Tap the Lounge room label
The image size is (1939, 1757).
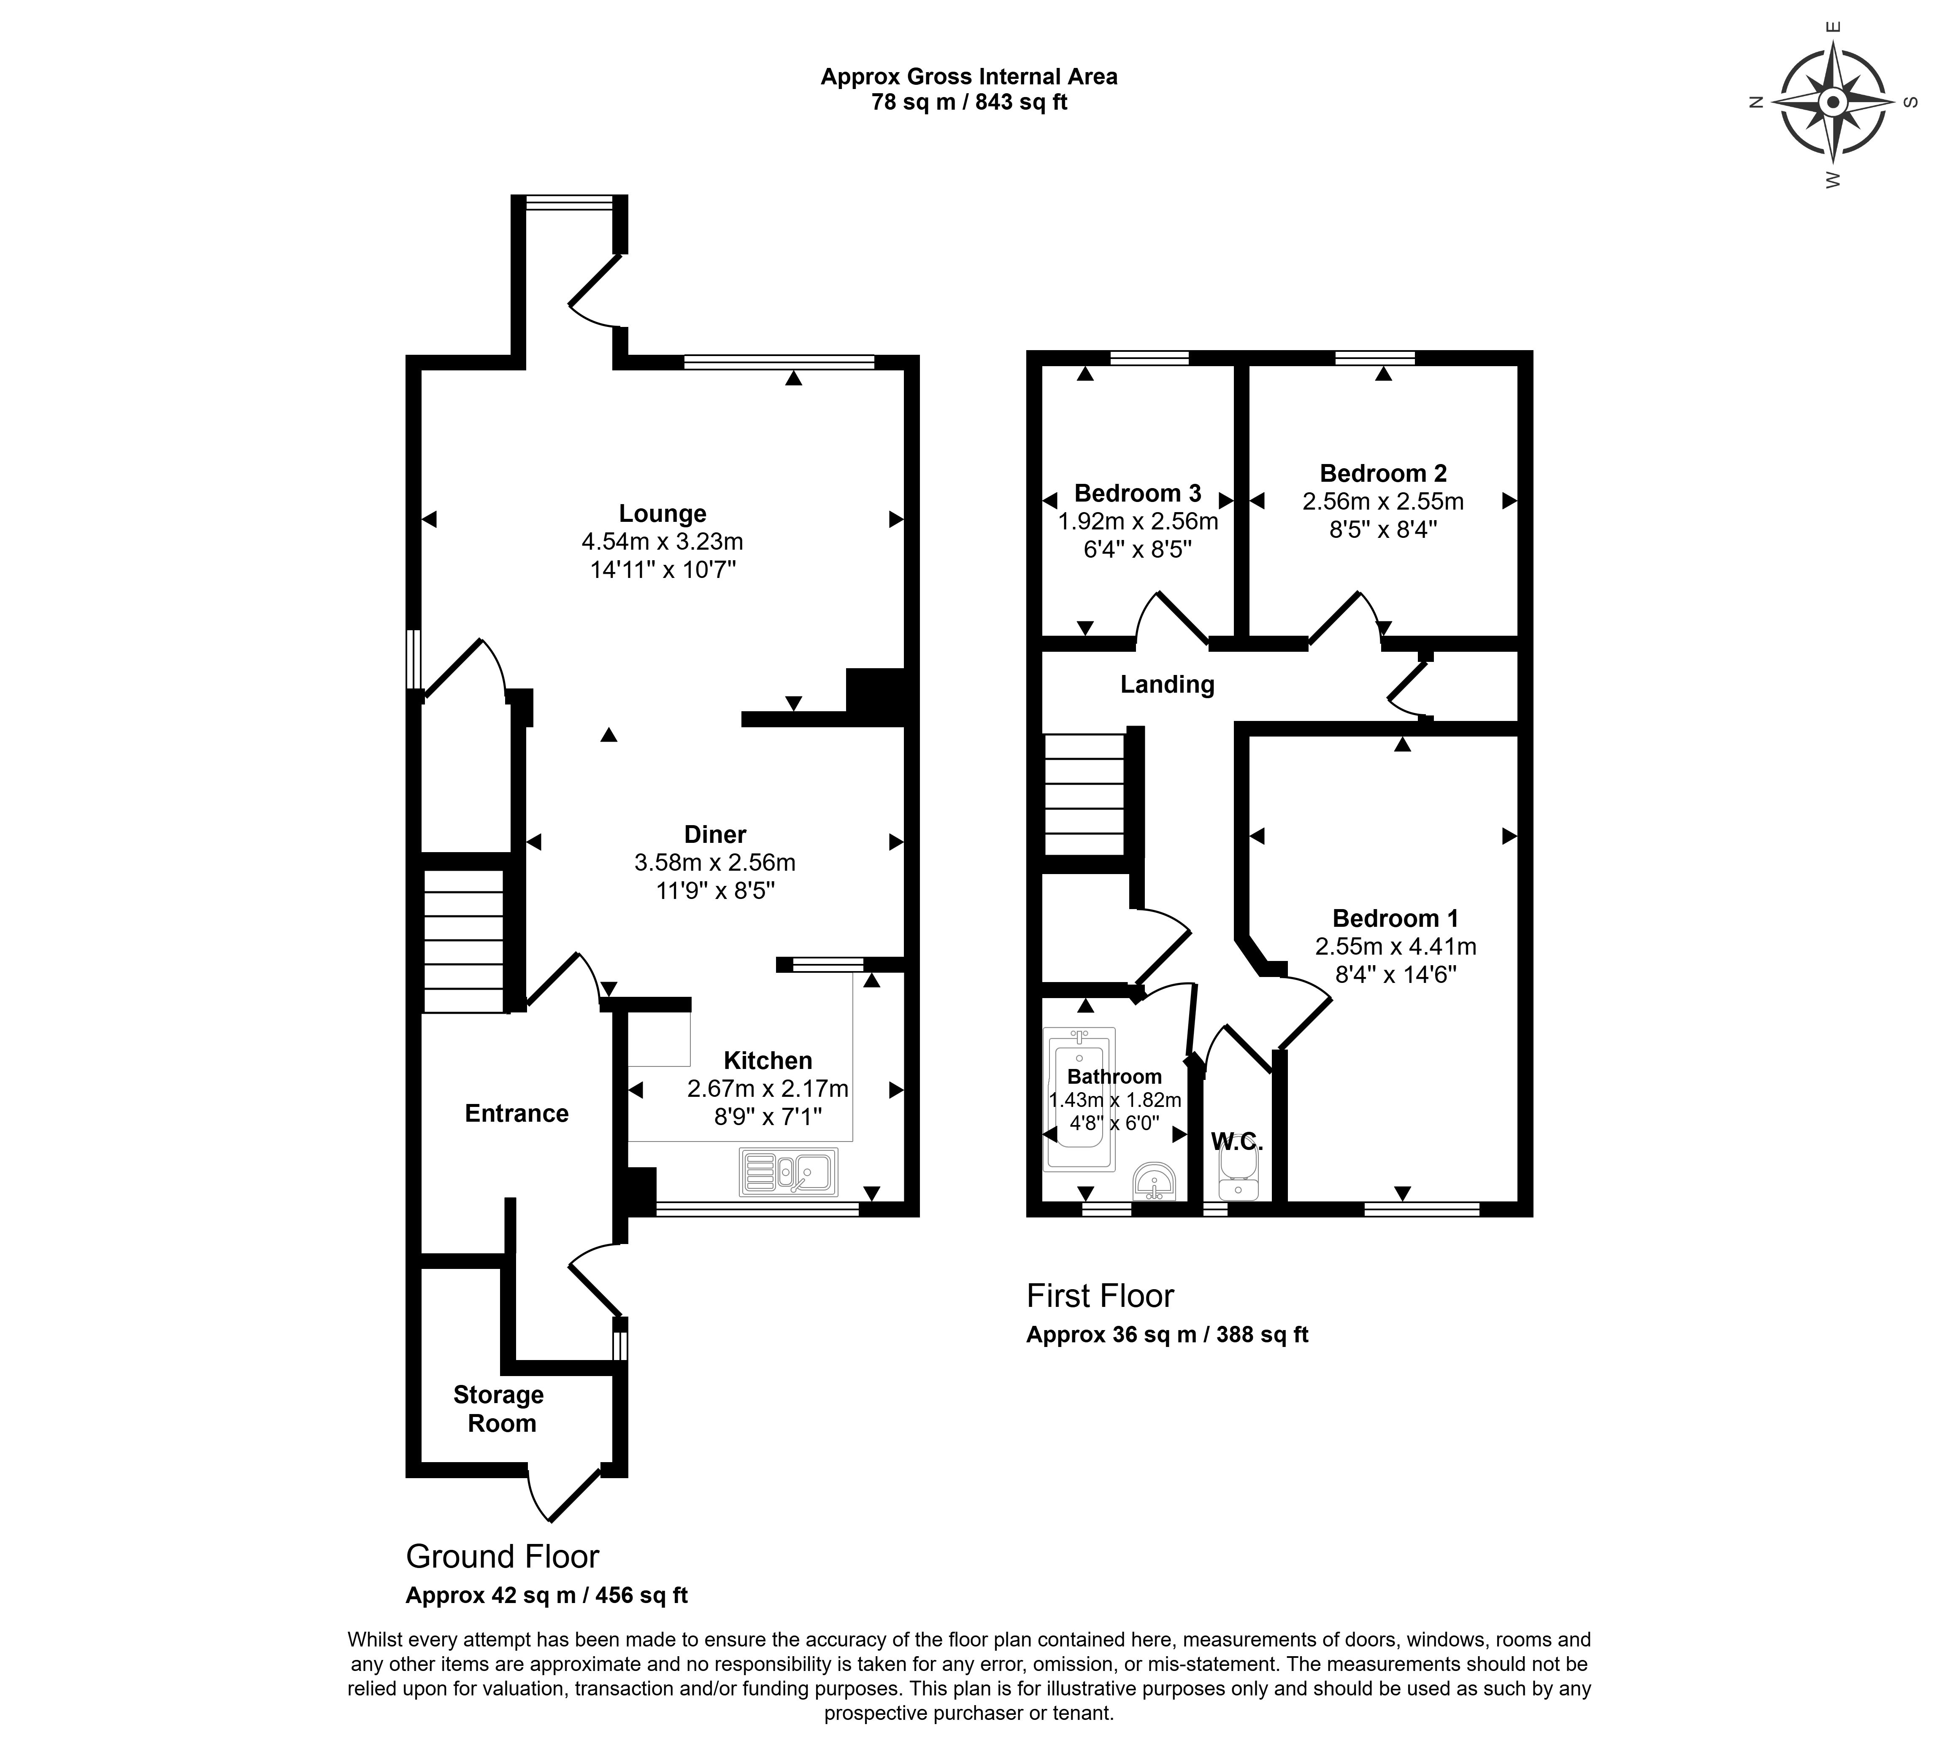pyautogui.click(x=663, y=513)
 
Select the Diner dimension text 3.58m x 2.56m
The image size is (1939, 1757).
pyautogui.click(x=714, y=863)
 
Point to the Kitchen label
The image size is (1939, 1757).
pyautogui.click(x=768, y=1061)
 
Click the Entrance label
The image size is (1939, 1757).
pyautogui.click(x=517, y=1114)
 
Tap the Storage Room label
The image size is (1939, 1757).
pyautogui.click(x=499, y=1409)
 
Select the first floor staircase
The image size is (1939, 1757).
pyautogui.click(x=1084, y=794)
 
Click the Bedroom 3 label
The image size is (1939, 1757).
pyautogui.click(x=1138, y=493)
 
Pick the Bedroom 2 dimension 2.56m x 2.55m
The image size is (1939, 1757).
pyautogui.click(x=1383, y=501)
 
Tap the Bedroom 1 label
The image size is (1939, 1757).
pyautogui.click(x=1395, y=918)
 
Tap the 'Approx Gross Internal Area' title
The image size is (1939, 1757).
pyautogui.click(x=968, y=77)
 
